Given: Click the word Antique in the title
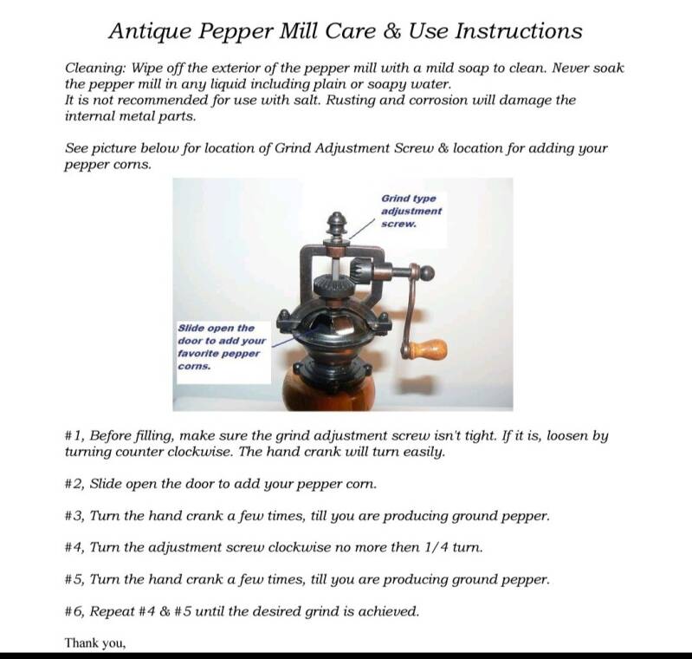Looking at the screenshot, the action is point(150,31).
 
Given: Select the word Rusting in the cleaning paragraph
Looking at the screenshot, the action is point(351,101).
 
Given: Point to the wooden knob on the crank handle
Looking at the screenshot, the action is point(426,349).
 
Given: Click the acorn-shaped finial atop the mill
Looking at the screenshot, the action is point(338,225).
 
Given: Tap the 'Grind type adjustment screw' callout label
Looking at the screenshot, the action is point(411,212).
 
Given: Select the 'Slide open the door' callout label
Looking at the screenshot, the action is point(222,347).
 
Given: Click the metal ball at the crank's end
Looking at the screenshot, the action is point(427,273).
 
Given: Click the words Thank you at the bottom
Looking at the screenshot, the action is point(95,643).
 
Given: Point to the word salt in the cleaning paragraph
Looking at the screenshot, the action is point(307,101).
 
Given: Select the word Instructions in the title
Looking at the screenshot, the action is point(518,31).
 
